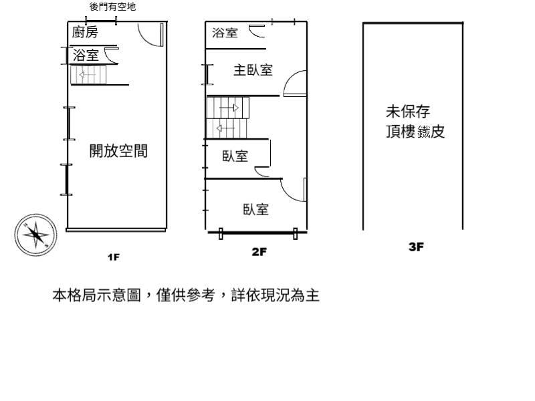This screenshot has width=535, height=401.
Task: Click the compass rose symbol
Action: (x=36, y=235)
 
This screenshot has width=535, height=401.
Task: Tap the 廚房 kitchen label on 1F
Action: (x=85, y=32)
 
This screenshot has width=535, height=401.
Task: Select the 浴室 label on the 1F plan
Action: (x=86, y=55)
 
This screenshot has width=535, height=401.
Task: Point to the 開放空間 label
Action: (x=118, y=151)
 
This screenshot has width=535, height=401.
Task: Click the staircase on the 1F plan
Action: (x=88, y=75)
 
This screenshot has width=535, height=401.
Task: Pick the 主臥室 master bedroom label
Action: (x=253, y=70)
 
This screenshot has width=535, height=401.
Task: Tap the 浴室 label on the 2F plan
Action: (x=225, y=33)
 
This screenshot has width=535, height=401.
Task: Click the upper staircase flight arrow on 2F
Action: (x=229, y=108)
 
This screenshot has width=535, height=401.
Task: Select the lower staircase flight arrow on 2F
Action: (x=225, y=128)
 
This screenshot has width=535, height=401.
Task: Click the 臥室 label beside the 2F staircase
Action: (x=235, y=156)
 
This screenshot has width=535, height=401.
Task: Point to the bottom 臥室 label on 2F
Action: (x=256, y=209)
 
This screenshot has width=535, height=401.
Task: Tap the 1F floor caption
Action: (x=114, y=257)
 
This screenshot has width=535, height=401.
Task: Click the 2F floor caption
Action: (x=259, y=252)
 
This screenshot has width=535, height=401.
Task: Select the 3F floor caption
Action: (x=416, y=247)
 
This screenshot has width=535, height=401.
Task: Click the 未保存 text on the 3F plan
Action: (x=408, y=112)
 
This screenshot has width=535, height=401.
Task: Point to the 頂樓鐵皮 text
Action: (x=415, y=131)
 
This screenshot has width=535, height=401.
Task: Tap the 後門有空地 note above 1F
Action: (x=112, y=7)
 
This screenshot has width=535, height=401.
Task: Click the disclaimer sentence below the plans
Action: (x=186, y=295)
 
